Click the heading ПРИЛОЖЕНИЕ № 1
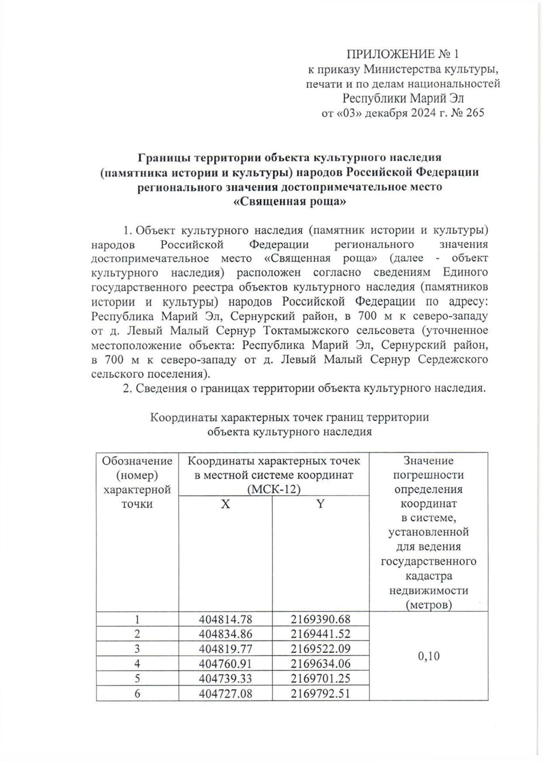pos(402,55)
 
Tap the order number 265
pos(474,113)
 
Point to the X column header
pos(225,504)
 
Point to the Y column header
pos(320,504)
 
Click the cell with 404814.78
pos(225,619)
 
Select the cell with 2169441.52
pos(320,634)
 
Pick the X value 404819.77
pos(225,649)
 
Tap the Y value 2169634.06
pos(320,664)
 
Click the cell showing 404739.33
pos(225,679)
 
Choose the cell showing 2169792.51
pos(320,693)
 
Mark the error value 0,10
pos(428,656)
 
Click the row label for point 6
pos(137,693)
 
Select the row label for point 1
pos(137,619)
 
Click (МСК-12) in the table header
pos(274,490)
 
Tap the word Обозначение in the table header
pos(137,461)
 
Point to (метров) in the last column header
pos(428,605)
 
